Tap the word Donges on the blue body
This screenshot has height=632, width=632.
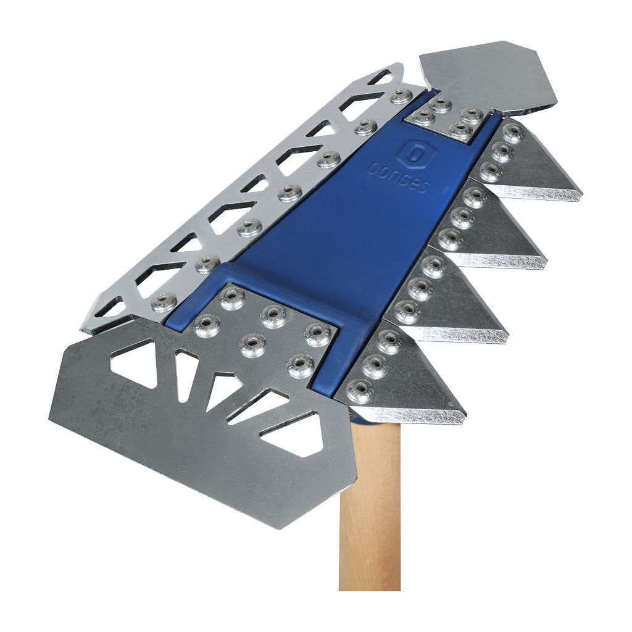(x=397, y=177)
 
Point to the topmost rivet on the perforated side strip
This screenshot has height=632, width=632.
(x=402, y=96)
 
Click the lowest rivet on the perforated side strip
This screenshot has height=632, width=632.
(x=164, y=302)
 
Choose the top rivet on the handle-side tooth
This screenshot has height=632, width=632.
(x=389, y=342)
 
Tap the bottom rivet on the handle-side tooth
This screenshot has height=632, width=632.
(x=359, y=391)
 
